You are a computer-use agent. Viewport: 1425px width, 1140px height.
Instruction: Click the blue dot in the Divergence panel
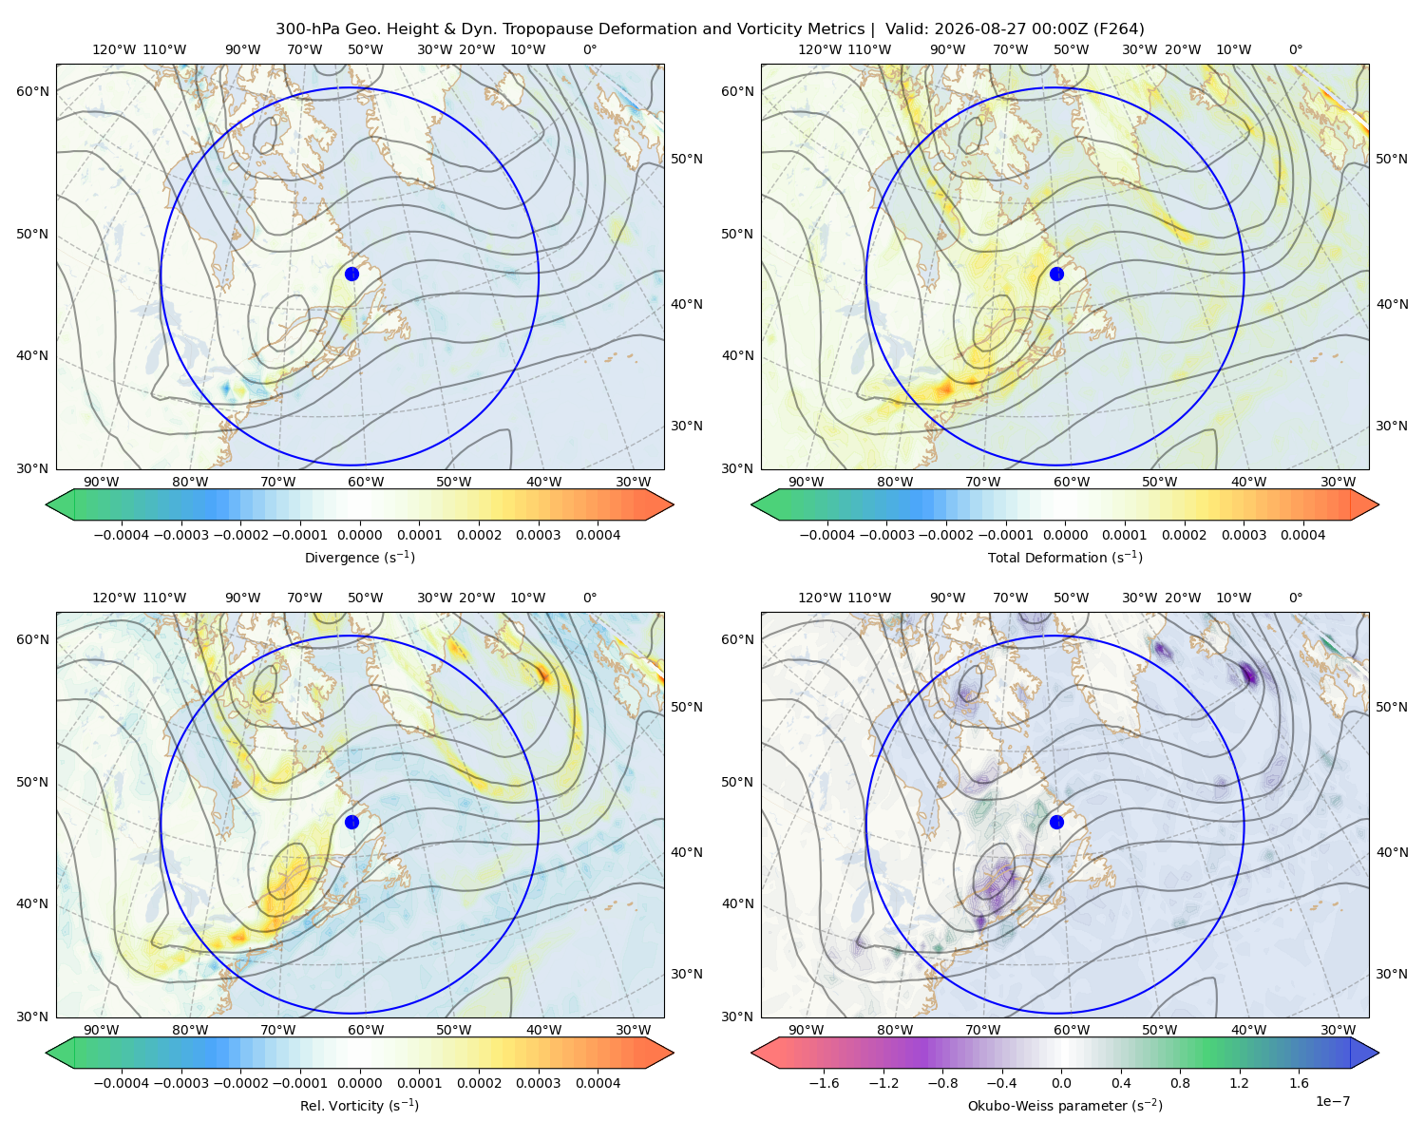tap(351, 275)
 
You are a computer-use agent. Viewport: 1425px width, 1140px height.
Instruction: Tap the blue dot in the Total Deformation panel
tap(1056, 275)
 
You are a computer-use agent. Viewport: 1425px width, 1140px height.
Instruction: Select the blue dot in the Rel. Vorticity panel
tap(351, 822)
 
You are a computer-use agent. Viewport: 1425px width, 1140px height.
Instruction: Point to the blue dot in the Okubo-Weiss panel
tap(1056, 822)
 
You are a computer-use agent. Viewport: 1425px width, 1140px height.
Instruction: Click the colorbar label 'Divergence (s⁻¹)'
tap(359, 558)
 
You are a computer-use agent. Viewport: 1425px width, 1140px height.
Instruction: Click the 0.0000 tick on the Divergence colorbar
tap(359, 535)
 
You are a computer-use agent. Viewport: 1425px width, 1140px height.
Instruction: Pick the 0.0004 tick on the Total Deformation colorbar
tap(1302, 535)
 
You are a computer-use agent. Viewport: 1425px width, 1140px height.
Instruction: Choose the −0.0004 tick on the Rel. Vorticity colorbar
tap(122, 1083)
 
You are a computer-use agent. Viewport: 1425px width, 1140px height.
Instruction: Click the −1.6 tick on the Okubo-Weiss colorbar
tap(824, 1083)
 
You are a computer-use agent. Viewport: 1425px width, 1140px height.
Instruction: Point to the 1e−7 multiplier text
tap(1332, 1101)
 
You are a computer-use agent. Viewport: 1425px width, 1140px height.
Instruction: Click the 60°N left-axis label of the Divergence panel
tap(32, 91)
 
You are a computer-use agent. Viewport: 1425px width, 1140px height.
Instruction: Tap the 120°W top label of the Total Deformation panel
tap(820, 49)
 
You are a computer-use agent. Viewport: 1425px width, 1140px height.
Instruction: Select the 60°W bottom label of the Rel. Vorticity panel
tap(366, 1030)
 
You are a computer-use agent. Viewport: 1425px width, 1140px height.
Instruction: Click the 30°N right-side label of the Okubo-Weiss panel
tap(1391, 974)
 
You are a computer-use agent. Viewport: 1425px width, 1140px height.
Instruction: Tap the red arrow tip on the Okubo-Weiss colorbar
tap(752, 1053)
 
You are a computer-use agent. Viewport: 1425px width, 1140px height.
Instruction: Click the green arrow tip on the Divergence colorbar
tap(47, 504)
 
